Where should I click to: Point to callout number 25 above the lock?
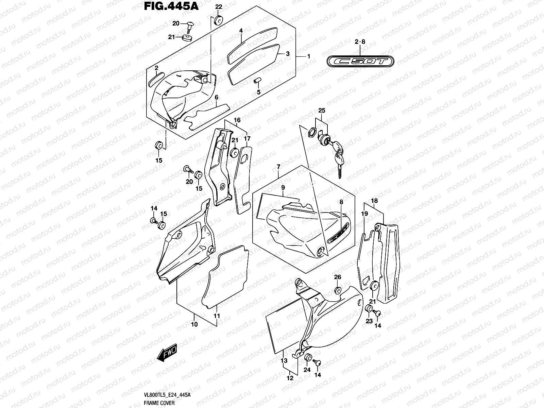coord(322,111)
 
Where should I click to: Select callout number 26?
coord(337,277)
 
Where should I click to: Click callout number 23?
coord(369,321)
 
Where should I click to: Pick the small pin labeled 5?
coord(258,82)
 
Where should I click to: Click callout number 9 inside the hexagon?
coord(283,187)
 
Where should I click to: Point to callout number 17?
coord(247,139)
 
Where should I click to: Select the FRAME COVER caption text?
coord(159,403)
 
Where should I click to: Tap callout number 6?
coord(216,97)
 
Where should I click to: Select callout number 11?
coord(217,316)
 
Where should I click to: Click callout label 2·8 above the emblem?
coord(360,42)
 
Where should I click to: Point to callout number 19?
coord(364,214)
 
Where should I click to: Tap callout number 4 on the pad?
coord(241,31)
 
